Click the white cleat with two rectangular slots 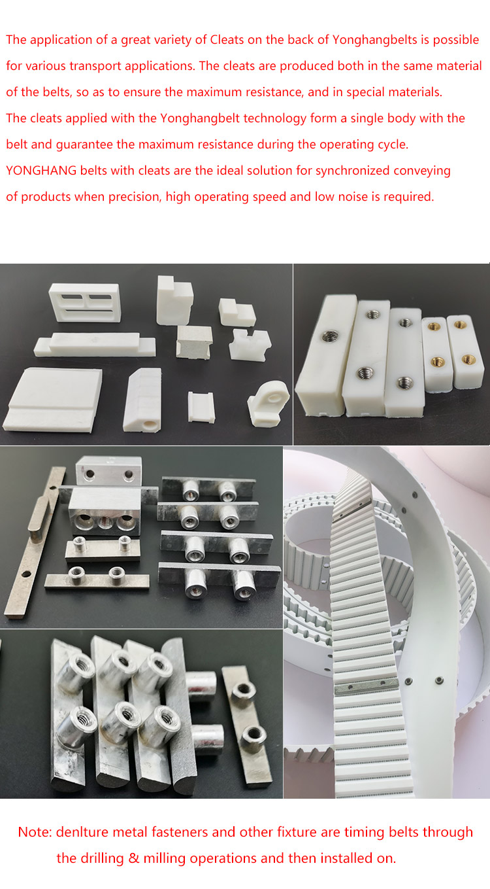[x=84, y=302]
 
